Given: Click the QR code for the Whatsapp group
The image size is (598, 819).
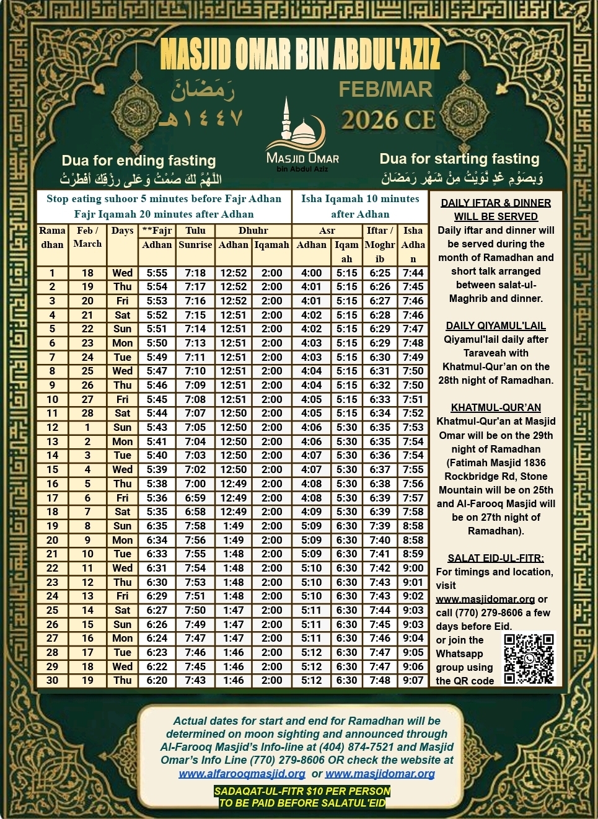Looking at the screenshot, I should coord(529,658).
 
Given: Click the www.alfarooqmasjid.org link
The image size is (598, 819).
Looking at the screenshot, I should coord(242,774).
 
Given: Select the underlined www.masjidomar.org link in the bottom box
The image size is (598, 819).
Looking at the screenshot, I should coord(380,774).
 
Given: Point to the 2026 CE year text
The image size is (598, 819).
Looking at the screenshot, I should coord(389,120).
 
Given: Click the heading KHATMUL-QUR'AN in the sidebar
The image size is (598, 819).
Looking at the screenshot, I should coord(496,407).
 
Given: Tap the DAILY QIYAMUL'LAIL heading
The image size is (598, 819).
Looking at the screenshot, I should coord(496,325).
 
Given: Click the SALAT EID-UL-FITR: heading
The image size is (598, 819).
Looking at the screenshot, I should coord(496,558).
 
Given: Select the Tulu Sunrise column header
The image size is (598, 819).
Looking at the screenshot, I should coord(195,237).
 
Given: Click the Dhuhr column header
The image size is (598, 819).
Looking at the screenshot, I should coord(253,231).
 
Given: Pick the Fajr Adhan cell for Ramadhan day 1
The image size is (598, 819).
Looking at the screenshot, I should coord(157,273).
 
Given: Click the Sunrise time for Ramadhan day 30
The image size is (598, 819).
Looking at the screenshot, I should coord(195,680).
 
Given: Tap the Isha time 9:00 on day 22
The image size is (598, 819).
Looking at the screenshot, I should coord(413,568).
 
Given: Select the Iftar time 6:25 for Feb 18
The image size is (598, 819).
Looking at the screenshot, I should coord(380,273).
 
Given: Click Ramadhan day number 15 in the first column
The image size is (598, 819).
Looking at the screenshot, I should coord(52,469).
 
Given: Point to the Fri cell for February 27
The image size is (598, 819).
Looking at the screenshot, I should coord(122,399).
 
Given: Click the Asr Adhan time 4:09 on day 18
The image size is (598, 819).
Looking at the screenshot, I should coord(311,511).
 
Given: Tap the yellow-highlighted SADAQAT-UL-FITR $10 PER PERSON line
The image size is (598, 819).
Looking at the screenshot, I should coord(302,791).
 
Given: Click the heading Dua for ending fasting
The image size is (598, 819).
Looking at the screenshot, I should coord(139,161).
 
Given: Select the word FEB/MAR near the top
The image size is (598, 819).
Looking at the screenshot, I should coord(385,89).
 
